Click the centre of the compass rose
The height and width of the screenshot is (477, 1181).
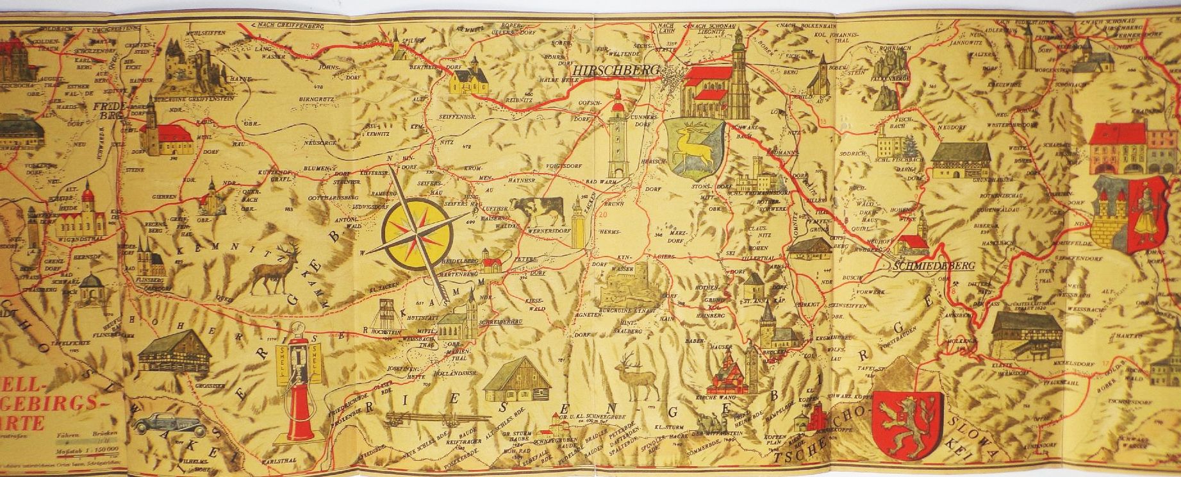coord(417,232)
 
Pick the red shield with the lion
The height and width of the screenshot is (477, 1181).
coord(908,424)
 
